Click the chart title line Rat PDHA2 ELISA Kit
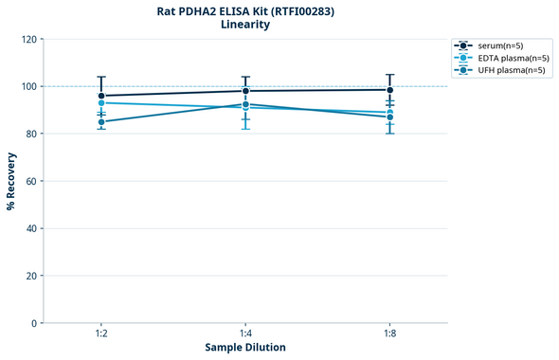(245, 10)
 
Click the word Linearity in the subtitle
(245, 25)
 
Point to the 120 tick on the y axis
(28, 39)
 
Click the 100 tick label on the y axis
(28, 86)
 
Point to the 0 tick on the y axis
(34, 323)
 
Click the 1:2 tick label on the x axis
(101, 333)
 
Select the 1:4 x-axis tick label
(245, 333)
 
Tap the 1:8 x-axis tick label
(389, 333)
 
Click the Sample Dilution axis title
(245, 348)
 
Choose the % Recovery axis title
(11, 181)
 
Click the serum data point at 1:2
(101, 96)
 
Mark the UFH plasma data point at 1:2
(101, 121)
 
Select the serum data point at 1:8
(389, 90)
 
